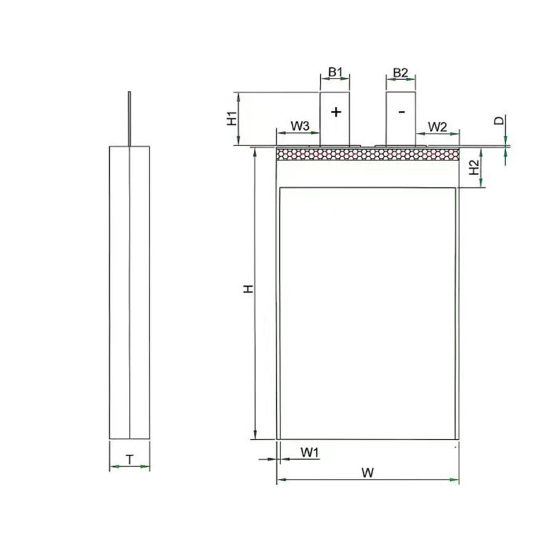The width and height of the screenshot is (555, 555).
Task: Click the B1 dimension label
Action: tap(335, 72)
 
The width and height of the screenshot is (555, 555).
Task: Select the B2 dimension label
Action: tap(401, 73)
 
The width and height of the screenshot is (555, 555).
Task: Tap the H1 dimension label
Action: tap(231, 118)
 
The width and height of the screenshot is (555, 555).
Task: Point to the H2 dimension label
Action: tap(474, 167)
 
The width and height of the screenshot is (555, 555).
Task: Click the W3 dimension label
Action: tap(300, 126)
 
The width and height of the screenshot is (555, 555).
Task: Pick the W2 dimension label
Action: tap(437, 126)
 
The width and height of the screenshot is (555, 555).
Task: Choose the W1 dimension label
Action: tap(310, 452)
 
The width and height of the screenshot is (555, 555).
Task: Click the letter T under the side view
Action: tap(130, 460)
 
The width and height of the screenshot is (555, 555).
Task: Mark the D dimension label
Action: tap(499, 121)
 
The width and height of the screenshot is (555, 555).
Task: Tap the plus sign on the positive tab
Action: tap(336, 112)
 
